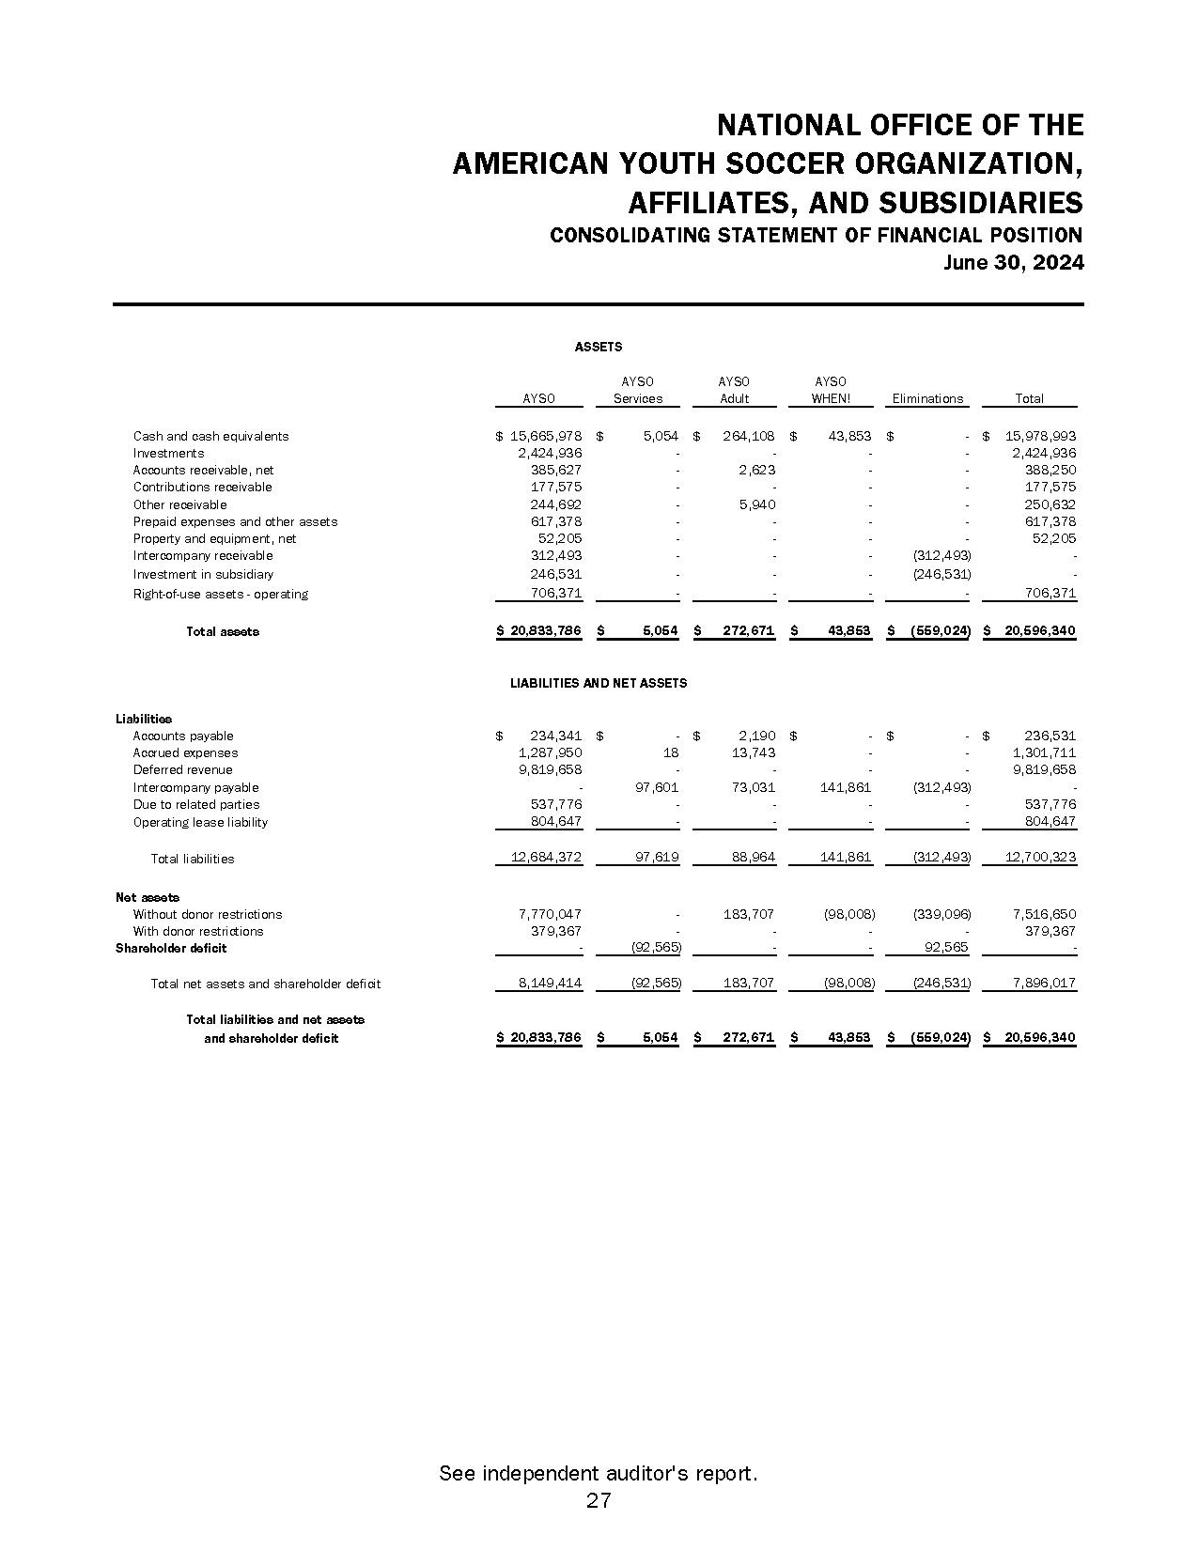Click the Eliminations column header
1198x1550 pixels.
[x=927, y=398]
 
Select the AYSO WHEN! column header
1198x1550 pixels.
[x=831, y=390]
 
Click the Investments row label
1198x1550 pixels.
[x=168, y=453]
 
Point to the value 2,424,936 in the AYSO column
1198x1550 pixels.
[x=550, y=453]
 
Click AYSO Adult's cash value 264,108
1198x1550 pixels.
[x=748, y=436]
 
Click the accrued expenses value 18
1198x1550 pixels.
[x=670, y=752]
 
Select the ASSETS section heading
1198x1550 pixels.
[x=599, y=347]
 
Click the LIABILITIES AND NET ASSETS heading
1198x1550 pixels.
[x=599, y=683]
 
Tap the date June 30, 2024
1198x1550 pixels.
[x=1013, y=263]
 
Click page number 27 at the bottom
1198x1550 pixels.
[x=599, y=1500]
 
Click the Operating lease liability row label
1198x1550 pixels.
[x=200, y=822]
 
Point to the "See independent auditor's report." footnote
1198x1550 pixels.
[x=599, y=1473]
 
